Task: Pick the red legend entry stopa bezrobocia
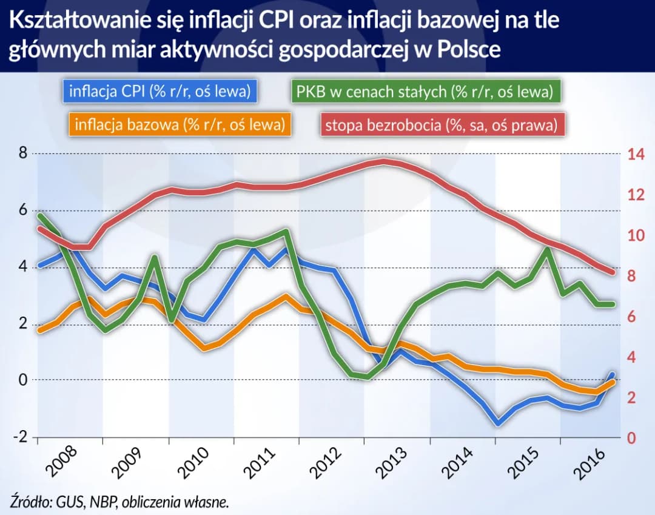click(441, 126)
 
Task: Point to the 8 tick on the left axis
click(22, 153)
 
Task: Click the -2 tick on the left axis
click(20, 437)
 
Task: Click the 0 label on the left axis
click(22, 380)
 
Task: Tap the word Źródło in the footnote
click(30, 501)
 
